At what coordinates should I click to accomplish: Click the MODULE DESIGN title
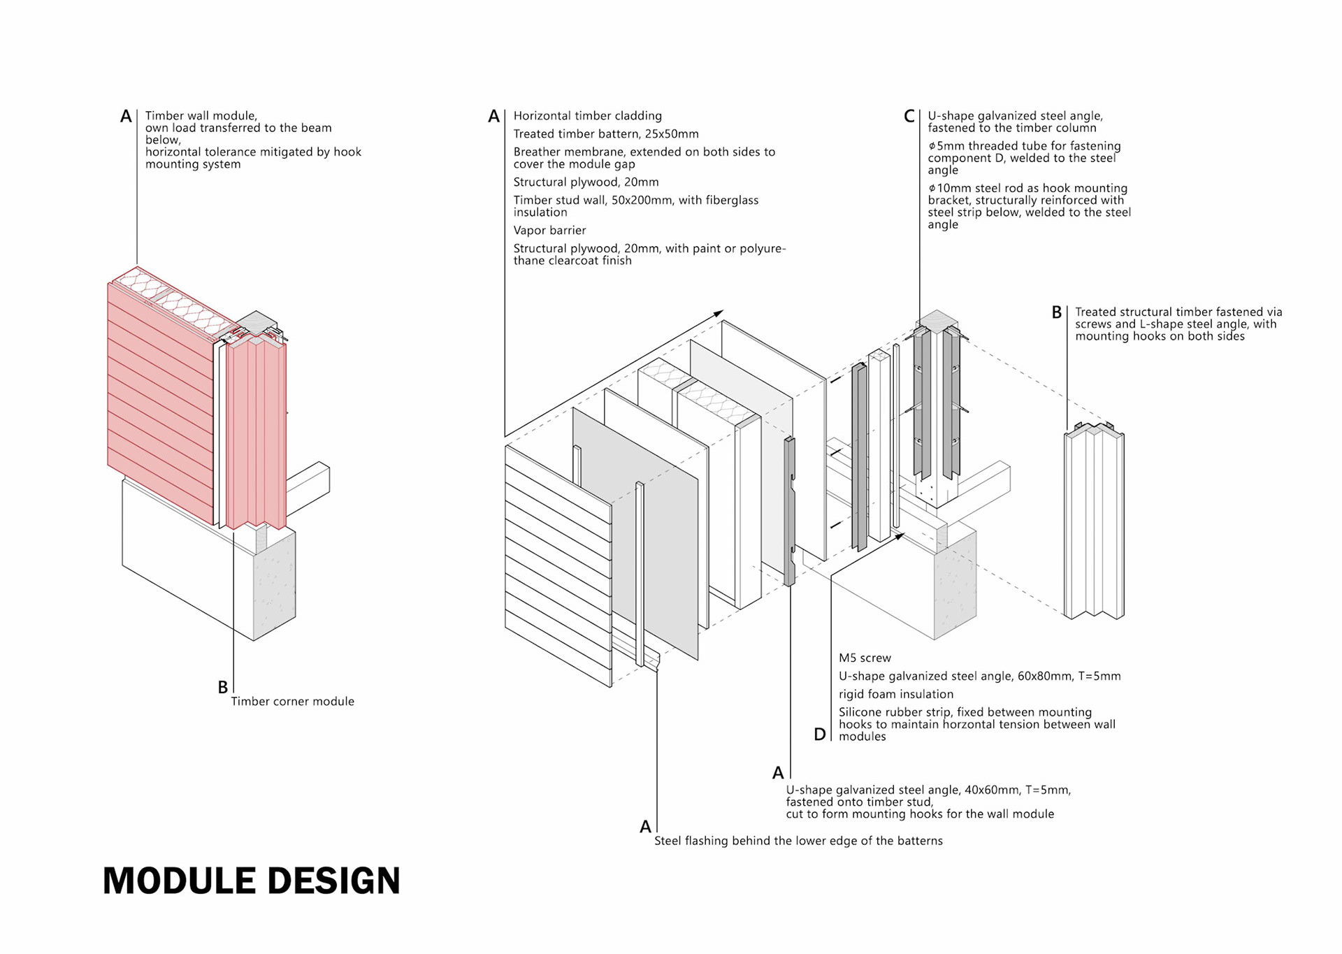[x=251, y=881]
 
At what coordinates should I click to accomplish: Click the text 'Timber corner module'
[x=292, y=701]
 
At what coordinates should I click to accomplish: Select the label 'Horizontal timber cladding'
[x=587, y=116]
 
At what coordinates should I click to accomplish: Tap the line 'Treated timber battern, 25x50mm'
[x=605, y=134]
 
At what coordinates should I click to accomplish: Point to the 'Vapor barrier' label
[x=549, y=231]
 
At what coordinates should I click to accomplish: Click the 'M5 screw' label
[x=865, y=658]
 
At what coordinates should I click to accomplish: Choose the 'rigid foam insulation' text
[x=895, y=694]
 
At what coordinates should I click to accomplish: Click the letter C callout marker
[x=909, y=116]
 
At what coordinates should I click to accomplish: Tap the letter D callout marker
[x=820, y=735]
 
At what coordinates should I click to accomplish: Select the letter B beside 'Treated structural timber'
[x=1057, y=312]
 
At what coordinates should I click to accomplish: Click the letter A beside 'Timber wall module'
[x=126, y=116]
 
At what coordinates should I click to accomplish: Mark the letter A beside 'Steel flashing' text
[x=645, y=827]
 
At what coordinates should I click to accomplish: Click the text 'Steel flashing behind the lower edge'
[x=798, y=841]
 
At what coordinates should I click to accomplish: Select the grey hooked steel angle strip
[x=790, y=510]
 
